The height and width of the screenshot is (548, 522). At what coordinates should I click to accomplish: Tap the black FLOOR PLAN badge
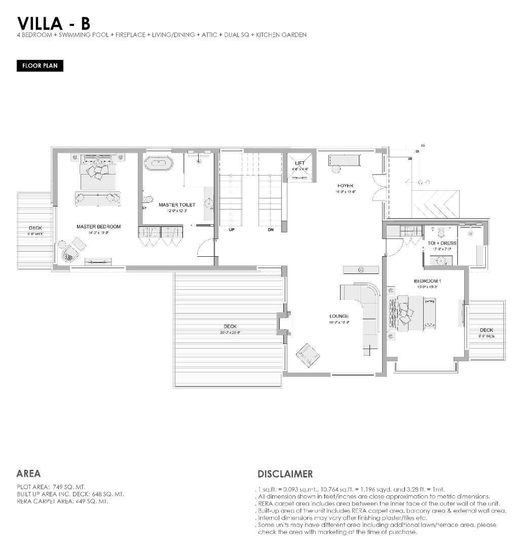click(40, 66)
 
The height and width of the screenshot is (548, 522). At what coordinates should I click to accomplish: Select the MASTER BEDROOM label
click(98, 226)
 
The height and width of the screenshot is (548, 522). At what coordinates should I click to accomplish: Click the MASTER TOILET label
click(176, 205)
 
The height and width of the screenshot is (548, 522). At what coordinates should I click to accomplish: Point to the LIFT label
click(300, 163)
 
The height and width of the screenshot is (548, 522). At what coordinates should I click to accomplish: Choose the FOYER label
click(345, 186)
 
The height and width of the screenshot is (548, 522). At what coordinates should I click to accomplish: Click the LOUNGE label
click(339, 316)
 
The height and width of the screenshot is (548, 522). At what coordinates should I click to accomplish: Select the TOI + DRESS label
click(442, 243)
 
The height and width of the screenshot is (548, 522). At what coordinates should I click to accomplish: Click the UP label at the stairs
click(231, 229)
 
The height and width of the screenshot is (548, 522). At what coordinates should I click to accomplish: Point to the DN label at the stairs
click(270, 229)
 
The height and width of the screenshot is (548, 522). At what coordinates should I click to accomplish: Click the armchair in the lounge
click(307, 354)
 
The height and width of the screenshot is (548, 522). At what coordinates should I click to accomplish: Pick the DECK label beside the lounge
click(230, 326)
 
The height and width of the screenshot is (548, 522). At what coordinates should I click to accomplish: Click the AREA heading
click(28, 473)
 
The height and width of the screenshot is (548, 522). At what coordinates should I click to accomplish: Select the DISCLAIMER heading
click(285, 474)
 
